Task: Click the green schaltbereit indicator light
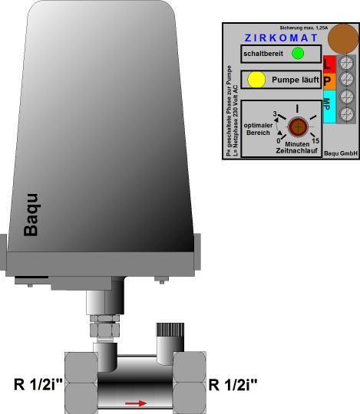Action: point(298,54)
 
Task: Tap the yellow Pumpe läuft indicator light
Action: point(256,80)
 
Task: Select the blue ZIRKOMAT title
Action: point(281,38)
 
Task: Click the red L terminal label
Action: point(329,64)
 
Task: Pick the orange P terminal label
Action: point(329,81)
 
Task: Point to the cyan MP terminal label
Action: point(329,107)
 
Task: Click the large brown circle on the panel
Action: point(343,39)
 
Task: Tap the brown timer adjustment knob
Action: point(298,127)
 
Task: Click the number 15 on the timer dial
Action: point(315,141)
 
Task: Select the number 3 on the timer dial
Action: point(275,113)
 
